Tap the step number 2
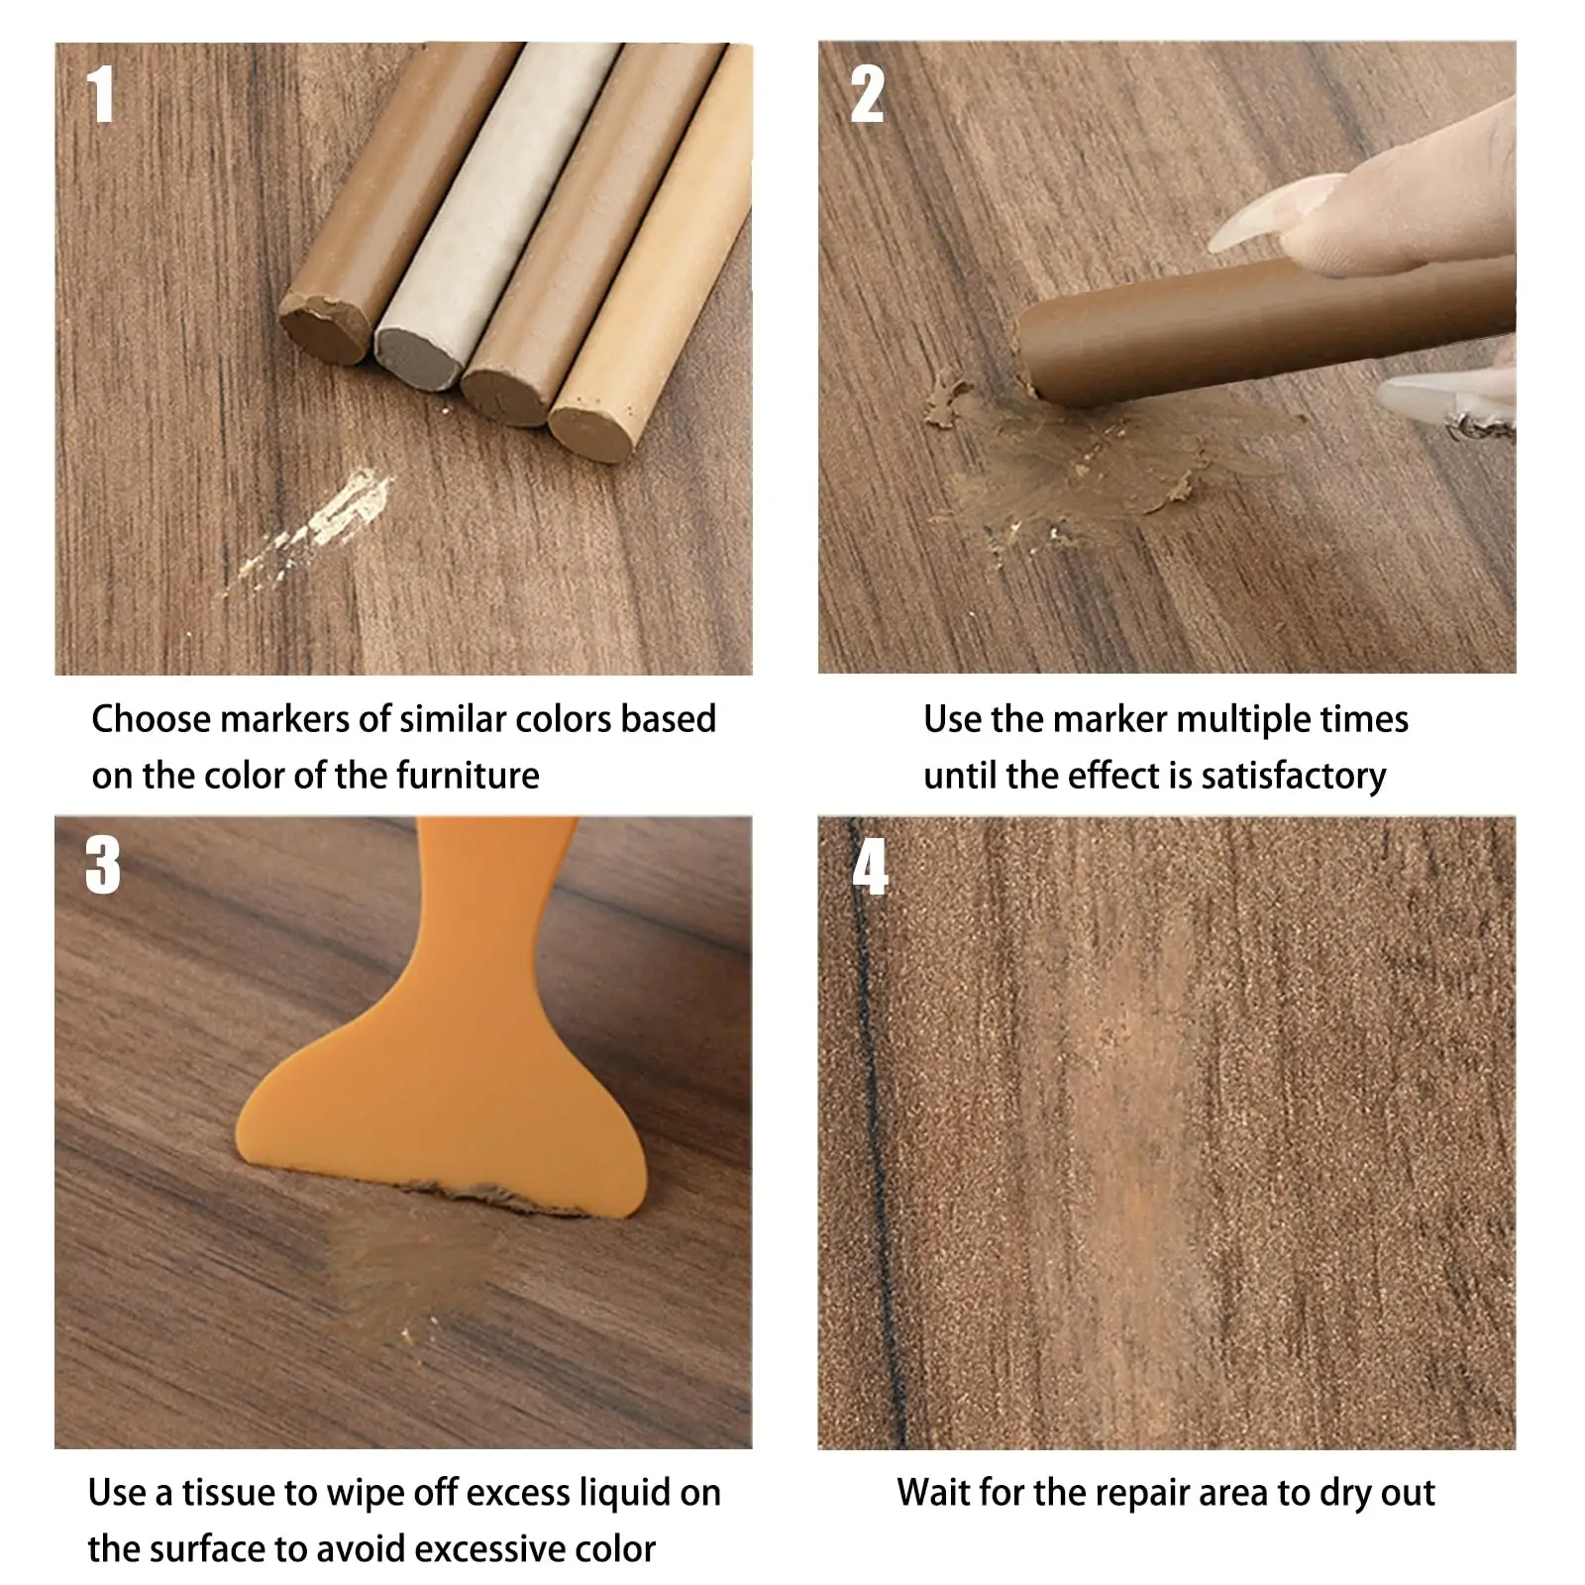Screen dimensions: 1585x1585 pyautogui.click(x=867, y=94)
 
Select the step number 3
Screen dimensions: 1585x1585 pyautogui.click(x=102, y=866)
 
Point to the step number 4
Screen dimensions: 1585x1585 pyautogui.click(x=870, y=866)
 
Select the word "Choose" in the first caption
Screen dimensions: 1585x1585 pyautogui.click(x=152, y=719)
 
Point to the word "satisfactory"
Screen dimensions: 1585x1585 pyautogui.click(x=1293, y=776)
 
